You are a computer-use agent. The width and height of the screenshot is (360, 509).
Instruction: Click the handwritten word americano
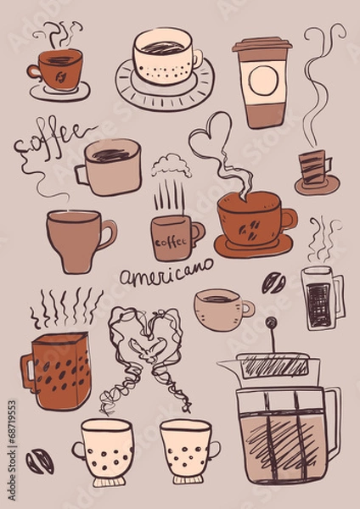click(166, 276)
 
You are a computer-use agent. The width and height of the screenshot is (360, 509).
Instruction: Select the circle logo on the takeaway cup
click(262, 81)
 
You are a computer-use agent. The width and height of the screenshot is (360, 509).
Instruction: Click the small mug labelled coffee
click(174, 237)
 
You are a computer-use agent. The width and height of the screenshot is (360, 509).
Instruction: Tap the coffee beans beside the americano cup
click(273, 282)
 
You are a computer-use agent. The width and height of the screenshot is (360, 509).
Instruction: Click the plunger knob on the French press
click(271, 322)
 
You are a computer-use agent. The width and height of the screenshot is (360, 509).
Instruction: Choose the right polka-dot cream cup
click(188, 450)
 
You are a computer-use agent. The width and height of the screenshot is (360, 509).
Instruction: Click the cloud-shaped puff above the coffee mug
click(172, 164)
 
